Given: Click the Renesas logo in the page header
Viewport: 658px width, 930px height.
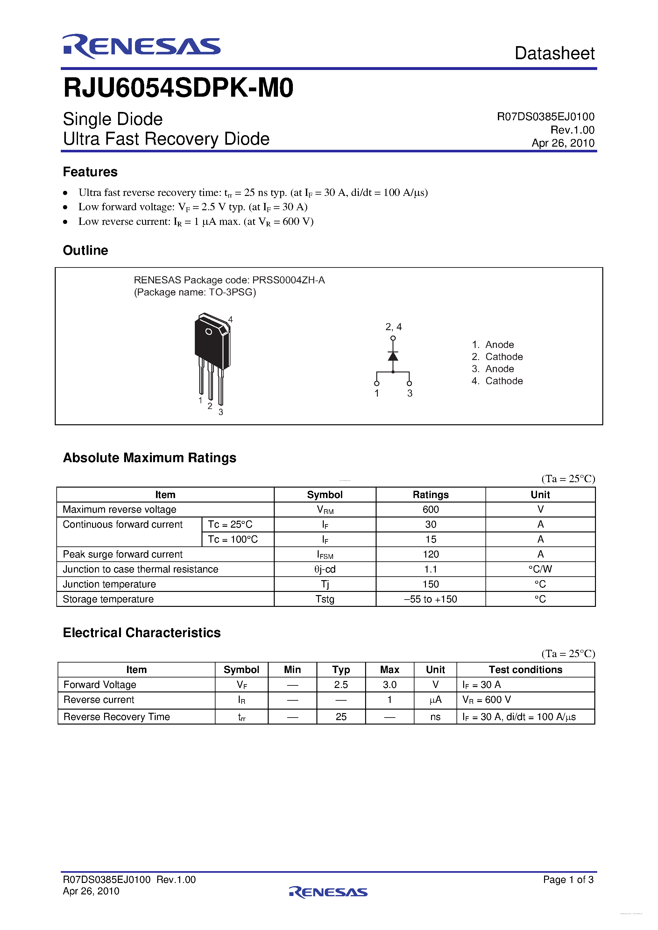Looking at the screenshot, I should [x=141, y=46].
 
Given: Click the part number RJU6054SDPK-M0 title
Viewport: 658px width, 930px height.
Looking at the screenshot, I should [x=178, y=88].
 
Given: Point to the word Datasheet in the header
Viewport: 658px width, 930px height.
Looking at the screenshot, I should [x=554, y=53].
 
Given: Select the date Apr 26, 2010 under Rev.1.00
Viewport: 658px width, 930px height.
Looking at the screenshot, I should [x=563, y=143].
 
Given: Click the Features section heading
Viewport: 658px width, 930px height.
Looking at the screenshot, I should [x=90, y=172].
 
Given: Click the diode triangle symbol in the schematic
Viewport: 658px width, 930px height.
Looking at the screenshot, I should [x=393, y=357].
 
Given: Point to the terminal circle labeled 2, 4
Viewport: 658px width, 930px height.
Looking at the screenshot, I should [x=393, y=338].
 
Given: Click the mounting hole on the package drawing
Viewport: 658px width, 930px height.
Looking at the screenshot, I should [x=209, y=332].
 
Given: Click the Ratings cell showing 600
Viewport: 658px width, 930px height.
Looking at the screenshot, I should [x=431, y=510].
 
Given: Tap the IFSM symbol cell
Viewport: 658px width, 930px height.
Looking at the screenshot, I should [x=325, y=554].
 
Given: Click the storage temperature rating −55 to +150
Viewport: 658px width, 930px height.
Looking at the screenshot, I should [x=431, y=599].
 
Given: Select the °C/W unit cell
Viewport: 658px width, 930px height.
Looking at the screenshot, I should [x=540, y=569].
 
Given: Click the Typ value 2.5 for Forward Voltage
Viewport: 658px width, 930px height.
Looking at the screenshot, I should [x=341, y=684].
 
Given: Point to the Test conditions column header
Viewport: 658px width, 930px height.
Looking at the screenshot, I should [x=526, y=670].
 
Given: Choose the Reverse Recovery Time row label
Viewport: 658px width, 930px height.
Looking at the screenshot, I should [x=117, y=717].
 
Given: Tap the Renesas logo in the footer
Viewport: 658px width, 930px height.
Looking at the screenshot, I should [x=329, y=892].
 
